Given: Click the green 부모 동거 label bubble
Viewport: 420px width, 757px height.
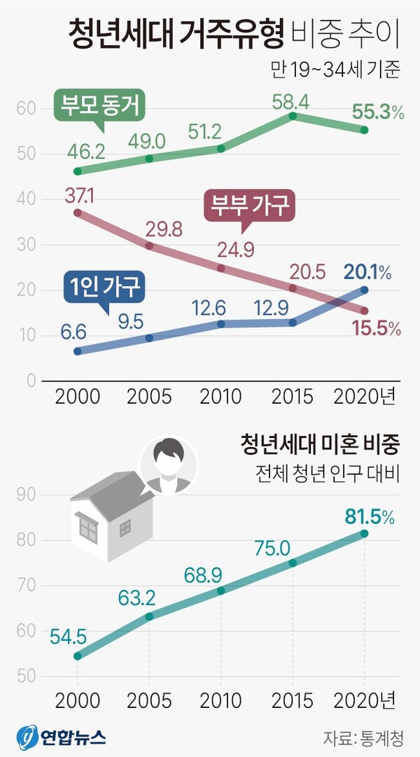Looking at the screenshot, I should pyautogui.click(x=101, y=108).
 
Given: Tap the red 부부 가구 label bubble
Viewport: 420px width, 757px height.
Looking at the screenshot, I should pyautogui.click(x=248, y=207).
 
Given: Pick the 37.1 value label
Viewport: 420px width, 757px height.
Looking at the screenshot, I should pyautogui.click(x=79, y=195).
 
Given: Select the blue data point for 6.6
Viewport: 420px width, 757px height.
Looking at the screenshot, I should pyautogui.click(x=78, y=351).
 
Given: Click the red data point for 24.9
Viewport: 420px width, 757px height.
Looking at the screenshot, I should pyautogui.click(x=221, y=268).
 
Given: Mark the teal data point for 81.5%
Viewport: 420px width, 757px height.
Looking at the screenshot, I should pyautogui.click(x=364, y=534).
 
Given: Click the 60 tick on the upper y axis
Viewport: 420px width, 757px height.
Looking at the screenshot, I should pyautogui.click(x=27, y=108).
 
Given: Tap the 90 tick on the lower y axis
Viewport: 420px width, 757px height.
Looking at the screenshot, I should pyautogui.click(x=27, y=495).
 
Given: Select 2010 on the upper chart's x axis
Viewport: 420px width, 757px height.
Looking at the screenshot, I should pyautogui.click(x=220, y=396).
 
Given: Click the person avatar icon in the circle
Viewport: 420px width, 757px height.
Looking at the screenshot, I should pyautogui.click(x=168, y=464).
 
